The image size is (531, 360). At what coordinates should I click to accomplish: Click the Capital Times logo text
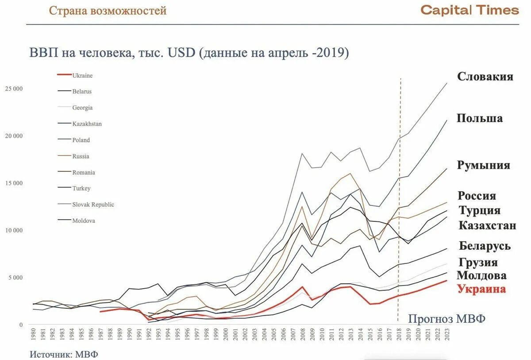pyautogui.click(x=469, y=10)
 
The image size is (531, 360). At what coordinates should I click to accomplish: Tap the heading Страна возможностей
pyautogui.click(x=108, y=11)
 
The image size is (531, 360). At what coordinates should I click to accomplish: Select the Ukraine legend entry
pyautogui.click(x=82, y=76)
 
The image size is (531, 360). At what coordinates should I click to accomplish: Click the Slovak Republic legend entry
pyautogui.click(x=93, y=205)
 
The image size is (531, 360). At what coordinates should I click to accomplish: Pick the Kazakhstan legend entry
pyautogui.click(x=87, y=124)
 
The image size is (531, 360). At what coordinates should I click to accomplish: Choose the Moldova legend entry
pyautogui.click(x=84, y=221)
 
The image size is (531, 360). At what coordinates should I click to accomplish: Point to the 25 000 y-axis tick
pyautogui.click(x=14, y=89)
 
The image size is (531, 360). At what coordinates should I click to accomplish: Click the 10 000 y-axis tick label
pyautogui.click(x=14, y=230)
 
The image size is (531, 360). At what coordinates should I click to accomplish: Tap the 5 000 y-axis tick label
pyautogui.click(x=15, y=278)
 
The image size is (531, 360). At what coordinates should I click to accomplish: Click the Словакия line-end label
pyautogui.click(x=485, y=77)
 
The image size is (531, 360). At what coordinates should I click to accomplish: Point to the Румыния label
pyautogui.click(x=483, y=166)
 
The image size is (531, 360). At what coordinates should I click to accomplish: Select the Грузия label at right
pyautogui.click(x=478, y=263)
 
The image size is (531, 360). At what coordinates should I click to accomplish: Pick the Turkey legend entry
pyautogui.click(x=81, y=188)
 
